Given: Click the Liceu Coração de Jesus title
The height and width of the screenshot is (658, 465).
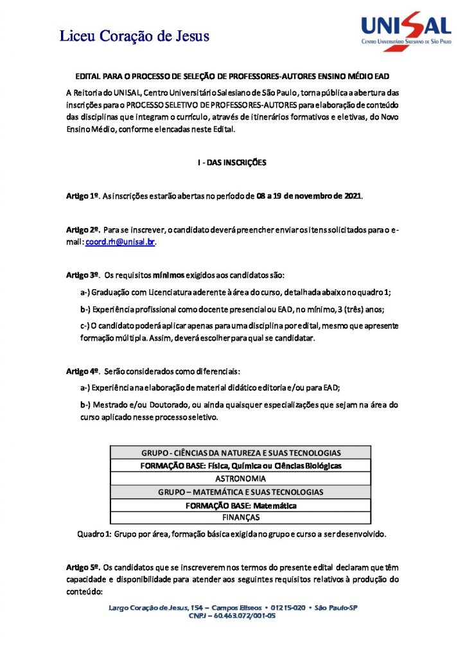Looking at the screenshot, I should (x=135, y=36).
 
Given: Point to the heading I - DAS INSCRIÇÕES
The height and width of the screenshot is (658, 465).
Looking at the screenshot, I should (x=231, y=163).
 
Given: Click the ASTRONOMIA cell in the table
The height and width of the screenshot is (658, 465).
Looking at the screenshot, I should (x=240, y=479).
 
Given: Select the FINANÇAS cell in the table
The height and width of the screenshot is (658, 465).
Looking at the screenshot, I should (x=240, y=517).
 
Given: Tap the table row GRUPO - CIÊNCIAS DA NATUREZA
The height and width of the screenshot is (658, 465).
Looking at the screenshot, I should (x=240, y=452).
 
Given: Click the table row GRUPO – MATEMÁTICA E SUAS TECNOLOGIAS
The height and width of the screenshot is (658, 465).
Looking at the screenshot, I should (x=240, y=492).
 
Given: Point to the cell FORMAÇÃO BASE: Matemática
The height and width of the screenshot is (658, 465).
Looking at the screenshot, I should (x=240, y=505).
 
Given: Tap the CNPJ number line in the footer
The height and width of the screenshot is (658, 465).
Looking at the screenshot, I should (x=232, y=615).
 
